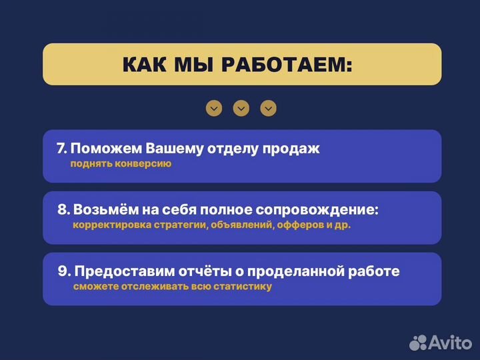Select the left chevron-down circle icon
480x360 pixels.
(214, 108)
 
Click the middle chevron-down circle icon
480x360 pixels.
(241, 108)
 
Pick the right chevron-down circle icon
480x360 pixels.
(268, 108)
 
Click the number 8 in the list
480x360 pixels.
(63, 210)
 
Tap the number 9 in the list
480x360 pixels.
(63, 271)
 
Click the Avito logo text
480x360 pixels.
(449, 343)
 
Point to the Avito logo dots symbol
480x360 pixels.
(418, 342)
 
